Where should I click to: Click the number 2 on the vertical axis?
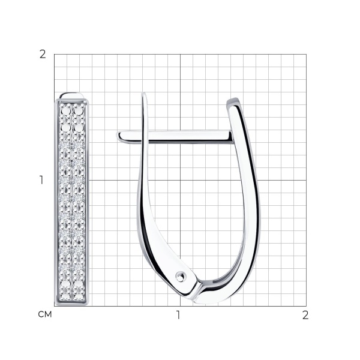(43, 55)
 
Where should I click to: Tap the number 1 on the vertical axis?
(41, 180)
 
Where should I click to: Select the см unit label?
(45, 314)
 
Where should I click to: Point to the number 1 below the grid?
(178, 315)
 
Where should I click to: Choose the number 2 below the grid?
(305, 315)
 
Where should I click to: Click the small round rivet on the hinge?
(180, 276)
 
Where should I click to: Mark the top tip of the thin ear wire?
(144, 93)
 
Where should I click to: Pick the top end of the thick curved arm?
(232, 101)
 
